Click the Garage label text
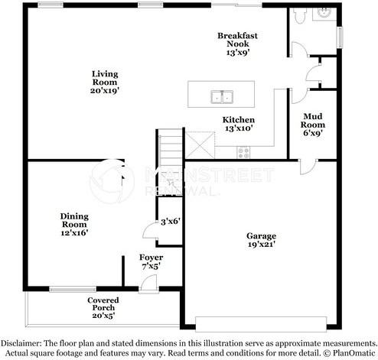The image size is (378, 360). (x=261, y=235)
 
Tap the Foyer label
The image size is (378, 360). (x=150, y=258)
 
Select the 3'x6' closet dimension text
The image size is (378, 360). (x=169, y=221)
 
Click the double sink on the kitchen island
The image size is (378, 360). (x=223, y=97)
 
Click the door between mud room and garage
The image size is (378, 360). (x=305, y=165)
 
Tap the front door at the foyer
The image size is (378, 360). (x=148, y=285)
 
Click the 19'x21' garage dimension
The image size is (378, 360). (x=261, y=245)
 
